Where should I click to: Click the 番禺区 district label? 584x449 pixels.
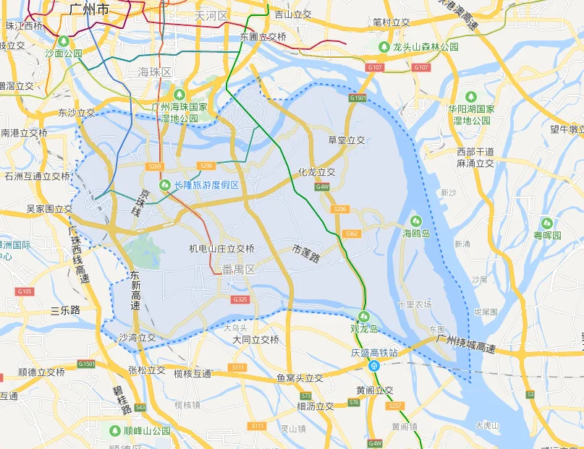pos(239,270)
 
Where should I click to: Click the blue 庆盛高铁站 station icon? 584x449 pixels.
pos(374,367)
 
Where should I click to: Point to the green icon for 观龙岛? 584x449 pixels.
pos(365,317)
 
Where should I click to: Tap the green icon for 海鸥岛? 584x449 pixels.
pos(416,221)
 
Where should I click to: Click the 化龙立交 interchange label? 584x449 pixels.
pos(316,172)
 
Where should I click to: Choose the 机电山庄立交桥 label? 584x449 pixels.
pos(221,249)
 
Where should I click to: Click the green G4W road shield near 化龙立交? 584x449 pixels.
pos(322,187)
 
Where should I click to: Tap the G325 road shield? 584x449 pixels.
pos(240,299)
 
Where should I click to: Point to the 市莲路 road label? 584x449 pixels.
pos(306,252)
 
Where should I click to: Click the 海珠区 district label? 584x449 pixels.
pos(154,72)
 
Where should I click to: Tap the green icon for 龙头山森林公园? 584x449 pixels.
pos(385,46)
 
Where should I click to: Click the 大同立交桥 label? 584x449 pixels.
pos(255,339)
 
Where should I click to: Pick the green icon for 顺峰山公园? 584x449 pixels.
pos(115,430)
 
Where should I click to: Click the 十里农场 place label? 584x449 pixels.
pos(415,304)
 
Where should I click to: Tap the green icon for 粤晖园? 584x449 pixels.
pos(547,223)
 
